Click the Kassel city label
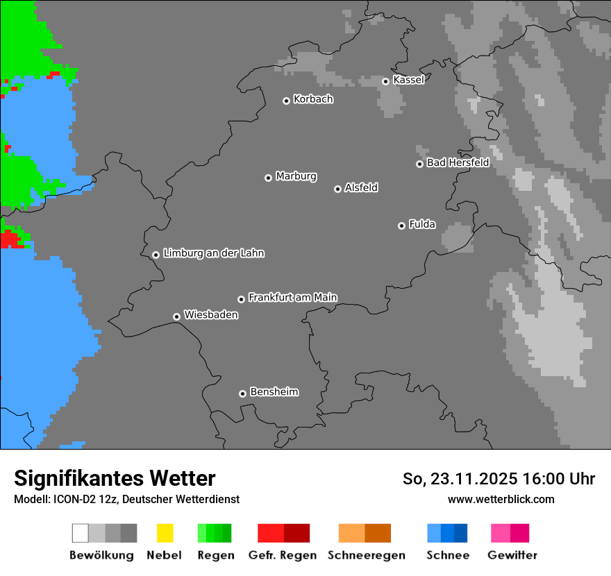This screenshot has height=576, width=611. tap(408, 80)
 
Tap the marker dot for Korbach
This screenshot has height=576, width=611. tap(286, 101)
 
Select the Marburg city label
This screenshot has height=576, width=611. tap(296, 176)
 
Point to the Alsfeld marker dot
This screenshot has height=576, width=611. tap(337, 189)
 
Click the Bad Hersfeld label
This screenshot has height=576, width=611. tap(458, 162)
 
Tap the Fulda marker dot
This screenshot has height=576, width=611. tap(401, 226)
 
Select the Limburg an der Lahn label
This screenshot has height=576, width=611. tap(213, 253)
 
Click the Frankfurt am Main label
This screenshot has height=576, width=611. tap(292, 297)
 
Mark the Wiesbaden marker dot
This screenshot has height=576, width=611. tap(176, 316)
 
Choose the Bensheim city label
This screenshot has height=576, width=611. tap(274, 392)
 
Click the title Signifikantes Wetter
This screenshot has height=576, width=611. tap(115, 478)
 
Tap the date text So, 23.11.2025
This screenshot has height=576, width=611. tap(460, 479)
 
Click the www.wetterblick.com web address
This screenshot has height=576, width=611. tap(501, 499)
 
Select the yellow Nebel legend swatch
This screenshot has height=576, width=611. tap(165, 533)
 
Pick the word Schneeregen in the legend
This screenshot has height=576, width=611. tap(366, 555)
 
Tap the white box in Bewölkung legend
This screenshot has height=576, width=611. tap(81, 533)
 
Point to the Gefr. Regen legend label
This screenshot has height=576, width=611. tap(282, 555)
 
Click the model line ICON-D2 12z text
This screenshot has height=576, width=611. tap(126, 499)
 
